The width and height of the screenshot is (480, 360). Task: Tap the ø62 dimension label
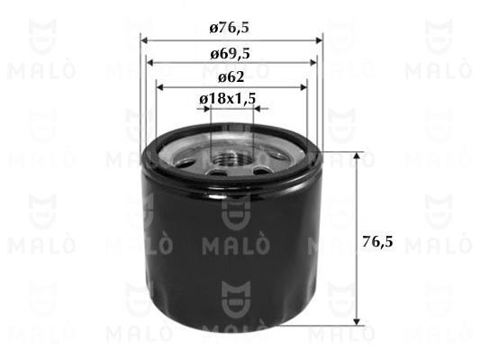231,76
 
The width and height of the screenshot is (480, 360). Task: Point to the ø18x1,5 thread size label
231,98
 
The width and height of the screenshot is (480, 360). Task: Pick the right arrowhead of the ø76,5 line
318,41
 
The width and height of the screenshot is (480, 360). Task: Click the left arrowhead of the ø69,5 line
151,63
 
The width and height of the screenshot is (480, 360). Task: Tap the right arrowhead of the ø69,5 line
312,63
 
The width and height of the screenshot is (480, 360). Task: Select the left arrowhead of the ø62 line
161,85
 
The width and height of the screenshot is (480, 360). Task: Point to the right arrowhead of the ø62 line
303,85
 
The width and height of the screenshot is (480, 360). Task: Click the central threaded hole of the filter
231,160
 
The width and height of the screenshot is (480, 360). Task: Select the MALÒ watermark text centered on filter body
231,244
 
